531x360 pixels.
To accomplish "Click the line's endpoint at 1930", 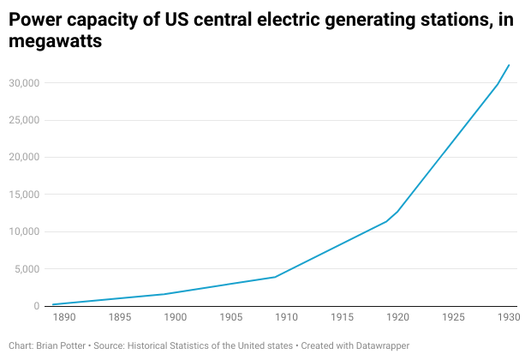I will coord(509,65).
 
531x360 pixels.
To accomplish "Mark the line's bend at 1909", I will coord(275,277).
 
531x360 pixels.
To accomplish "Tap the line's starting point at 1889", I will coord(53,304).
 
